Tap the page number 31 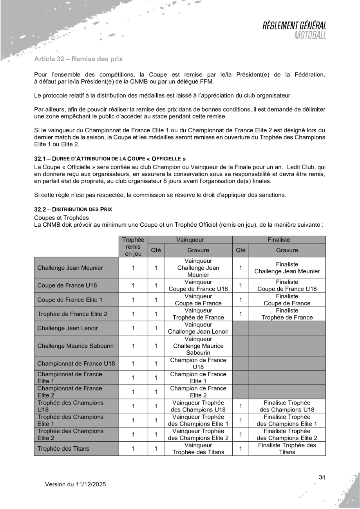tap(322, 477)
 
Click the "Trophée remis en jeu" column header tap(133, 245)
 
